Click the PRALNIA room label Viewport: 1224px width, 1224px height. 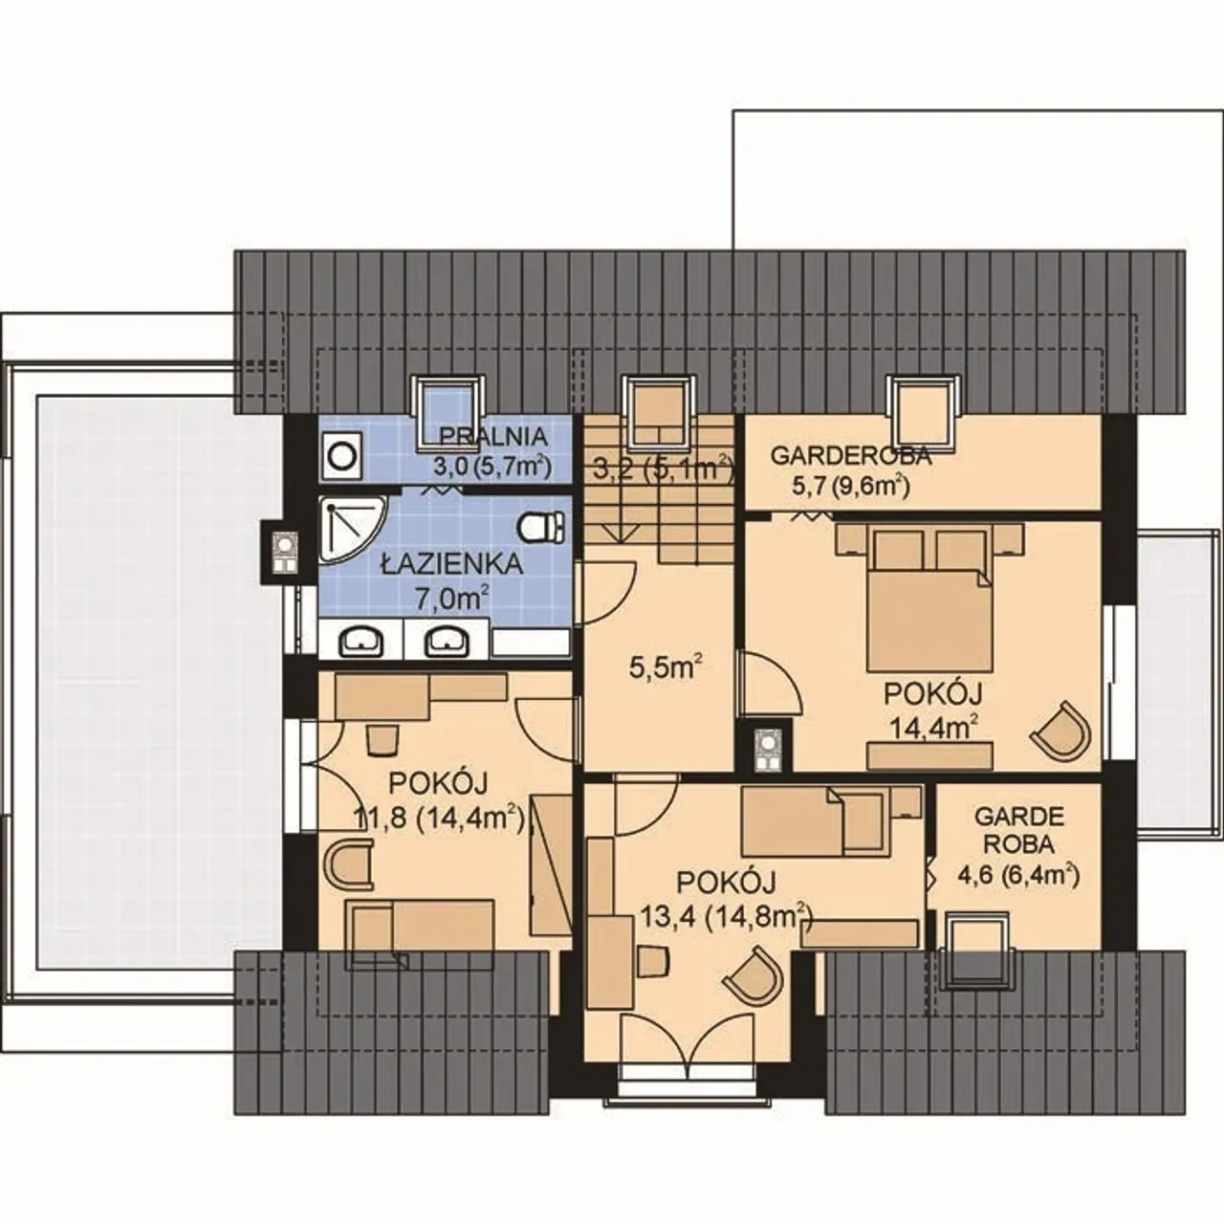493,436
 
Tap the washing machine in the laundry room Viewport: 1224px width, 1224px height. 343,456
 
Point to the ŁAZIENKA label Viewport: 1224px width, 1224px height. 451,564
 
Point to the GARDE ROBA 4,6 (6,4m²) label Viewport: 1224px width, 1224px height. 1018,848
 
